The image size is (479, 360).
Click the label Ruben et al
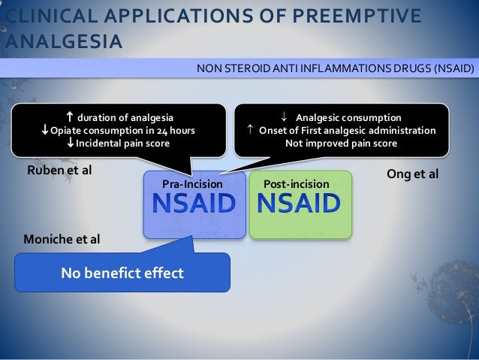point(59,170)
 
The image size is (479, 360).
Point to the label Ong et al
point(411,174)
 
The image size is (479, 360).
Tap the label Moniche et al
point(62,240)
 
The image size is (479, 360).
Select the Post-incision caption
point(297,183)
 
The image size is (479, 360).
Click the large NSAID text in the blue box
point(194,204)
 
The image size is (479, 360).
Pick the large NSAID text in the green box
point(299,204)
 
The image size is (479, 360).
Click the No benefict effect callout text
point(122,273)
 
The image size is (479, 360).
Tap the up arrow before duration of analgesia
point(69,116)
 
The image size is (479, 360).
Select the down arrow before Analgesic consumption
point(284,117)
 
